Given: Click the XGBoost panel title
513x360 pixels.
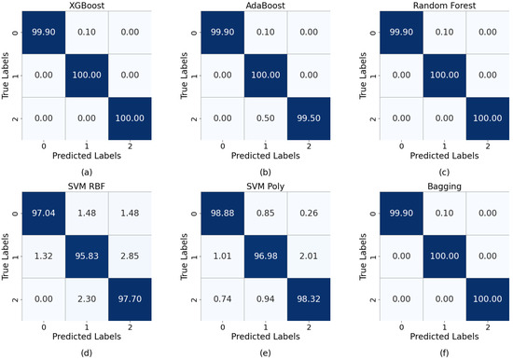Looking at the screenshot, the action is [x=87, y=6].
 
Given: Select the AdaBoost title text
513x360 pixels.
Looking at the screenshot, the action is [x=265, y=6].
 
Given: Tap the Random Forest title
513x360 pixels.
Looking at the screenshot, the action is [x=444, y=6].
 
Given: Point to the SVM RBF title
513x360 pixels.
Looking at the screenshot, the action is [x=87, y=187].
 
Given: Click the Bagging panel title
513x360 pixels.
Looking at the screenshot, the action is [x=444, y=187].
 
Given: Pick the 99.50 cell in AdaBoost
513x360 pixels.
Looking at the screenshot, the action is [x=309, y=118].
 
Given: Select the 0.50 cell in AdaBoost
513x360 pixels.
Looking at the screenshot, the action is [x=266, y=118].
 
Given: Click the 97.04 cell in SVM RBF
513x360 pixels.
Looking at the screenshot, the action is [x=44, y=214].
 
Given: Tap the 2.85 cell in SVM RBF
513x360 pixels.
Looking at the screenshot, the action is [x=130, y=256].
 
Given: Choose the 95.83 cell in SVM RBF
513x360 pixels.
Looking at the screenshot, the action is [x=87, y=256].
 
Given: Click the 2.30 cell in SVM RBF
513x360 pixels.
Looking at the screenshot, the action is [x=87, y=299].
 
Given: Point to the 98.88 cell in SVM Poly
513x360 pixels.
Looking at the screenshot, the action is [x=223, y=214].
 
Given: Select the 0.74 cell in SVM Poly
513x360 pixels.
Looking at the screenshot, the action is [x=223, y=299].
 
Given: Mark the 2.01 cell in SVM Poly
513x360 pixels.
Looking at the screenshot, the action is [x=309, y=256].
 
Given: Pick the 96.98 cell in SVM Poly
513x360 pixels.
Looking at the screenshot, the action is [x=266, y=256].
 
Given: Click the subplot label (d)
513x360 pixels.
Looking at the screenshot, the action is [x=87, y=353].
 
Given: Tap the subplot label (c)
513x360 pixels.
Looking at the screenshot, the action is [x=444, y=173].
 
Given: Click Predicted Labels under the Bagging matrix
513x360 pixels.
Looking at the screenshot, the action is [x=444, y=337].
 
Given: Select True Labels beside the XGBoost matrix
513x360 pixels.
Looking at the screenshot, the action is [x=6, y=76].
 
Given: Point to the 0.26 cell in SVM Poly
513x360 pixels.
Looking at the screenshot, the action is [x=309, y=214].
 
